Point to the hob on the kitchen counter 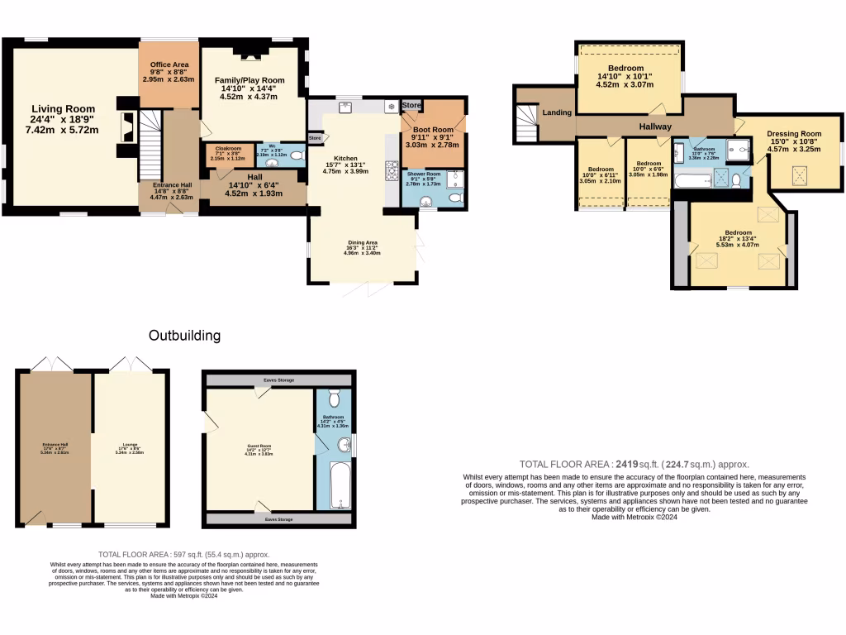[x=392, y=171]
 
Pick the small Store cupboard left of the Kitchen [x=314, y=138]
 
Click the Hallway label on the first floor [x=654, y=127]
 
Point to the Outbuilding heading [x=184, y=336]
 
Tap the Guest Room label [x=259, y=446]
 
